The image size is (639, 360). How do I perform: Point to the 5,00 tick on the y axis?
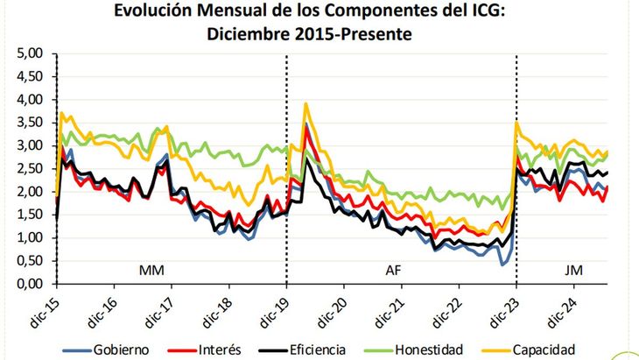point(30,53)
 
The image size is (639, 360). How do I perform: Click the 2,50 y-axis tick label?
point(30,168)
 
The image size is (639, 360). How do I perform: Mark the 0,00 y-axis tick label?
point(30,284)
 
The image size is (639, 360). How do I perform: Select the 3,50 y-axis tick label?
point(30,123)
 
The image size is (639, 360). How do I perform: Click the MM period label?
point(151,272)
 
